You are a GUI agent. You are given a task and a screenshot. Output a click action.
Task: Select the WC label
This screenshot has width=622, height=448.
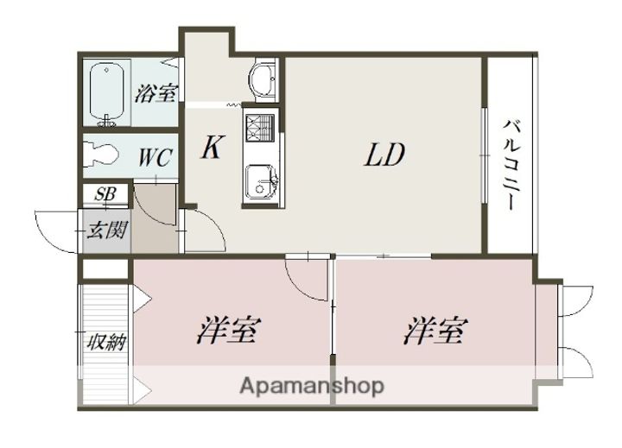click(x=156, y=158)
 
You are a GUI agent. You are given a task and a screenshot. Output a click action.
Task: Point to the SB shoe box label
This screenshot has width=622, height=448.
click(x=105, y=195)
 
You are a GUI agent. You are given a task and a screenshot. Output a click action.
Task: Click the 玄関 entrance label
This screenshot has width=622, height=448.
click(x=106, y=230)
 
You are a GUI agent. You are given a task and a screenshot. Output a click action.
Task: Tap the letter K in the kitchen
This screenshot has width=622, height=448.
click(x=211, y=148)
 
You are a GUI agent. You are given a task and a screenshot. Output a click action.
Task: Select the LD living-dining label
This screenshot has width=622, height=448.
click(x=384, y=155)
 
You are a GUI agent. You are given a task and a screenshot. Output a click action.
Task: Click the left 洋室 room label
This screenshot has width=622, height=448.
click(x=230, y=331)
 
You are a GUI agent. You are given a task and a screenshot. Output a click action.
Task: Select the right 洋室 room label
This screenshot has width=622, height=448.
click(x=436, y=331)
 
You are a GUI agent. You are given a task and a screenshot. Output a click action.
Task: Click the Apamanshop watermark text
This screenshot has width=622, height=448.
click(x=312, y=386)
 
